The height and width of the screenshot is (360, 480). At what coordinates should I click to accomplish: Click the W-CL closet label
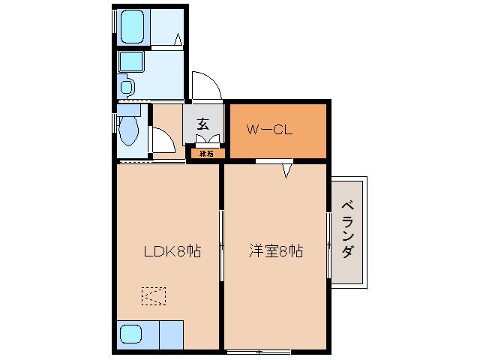tap(269, 129)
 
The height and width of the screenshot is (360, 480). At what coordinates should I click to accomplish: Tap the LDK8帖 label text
tap(172, 252)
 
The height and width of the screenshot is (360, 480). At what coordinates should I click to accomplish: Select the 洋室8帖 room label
tap(275, 252)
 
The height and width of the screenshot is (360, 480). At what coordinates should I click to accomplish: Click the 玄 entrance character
tap(202, 124)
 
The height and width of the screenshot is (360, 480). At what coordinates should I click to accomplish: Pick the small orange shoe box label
tap(205, 154)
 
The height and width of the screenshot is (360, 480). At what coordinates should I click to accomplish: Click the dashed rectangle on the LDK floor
tap(154, 296)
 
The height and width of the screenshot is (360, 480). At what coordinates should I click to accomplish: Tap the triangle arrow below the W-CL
tap(286, 172)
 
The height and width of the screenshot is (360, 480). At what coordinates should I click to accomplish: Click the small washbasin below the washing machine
tap(125, 88)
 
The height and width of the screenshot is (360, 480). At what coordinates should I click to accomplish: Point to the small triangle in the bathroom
tap(178, 39)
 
